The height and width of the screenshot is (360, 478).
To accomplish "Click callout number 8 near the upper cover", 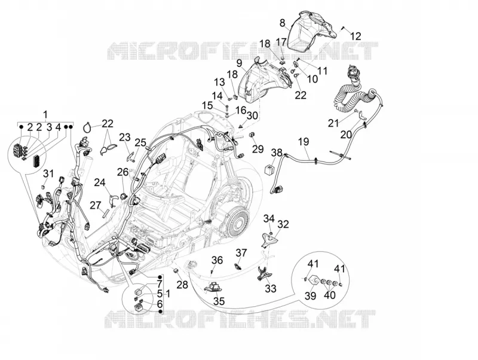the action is click(x=282, y=23).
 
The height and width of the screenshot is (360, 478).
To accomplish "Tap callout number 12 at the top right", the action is click(x=356, y=36).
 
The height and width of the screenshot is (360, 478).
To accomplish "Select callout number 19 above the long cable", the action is click(x=304, y=142).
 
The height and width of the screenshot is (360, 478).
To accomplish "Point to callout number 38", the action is click(x=277, y=152).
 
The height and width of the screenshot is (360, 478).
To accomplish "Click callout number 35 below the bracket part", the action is click(x=219, y=301).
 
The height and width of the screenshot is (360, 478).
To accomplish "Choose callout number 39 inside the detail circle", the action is click(x=311, y=295).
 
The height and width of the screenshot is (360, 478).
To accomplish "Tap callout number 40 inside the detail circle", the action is click(x=330, y=295).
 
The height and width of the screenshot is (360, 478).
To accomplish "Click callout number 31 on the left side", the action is click(x=48, y=173).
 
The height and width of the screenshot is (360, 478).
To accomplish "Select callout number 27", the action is click(x=95, y=205).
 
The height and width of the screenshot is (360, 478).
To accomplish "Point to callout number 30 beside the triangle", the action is click(x=252, y=115).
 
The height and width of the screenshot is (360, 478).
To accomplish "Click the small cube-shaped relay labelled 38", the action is click(x=268, y=168).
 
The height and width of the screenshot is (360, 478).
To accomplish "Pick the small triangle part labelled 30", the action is click(x=241, y=125).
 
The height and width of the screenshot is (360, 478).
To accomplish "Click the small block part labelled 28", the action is click(x=176, y=270).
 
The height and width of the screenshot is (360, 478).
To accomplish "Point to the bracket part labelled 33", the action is click(x=263, y=273).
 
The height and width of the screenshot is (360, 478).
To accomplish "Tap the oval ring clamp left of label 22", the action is click(x=87, y=127).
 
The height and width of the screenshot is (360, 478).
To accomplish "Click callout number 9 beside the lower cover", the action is click(x=239, y=63).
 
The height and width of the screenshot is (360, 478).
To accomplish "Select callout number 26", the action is click(x=123, y=172).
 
